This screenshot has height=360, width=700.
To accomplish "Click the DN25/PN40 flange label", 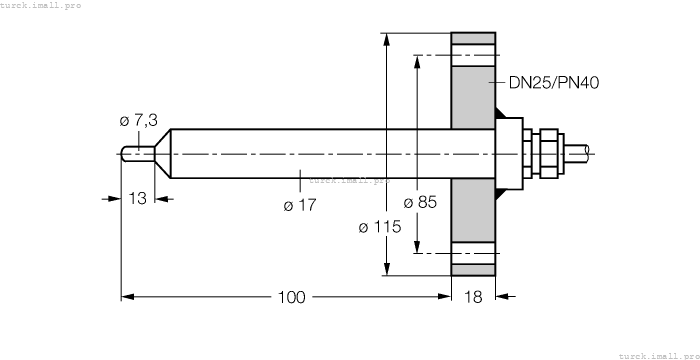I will click(554, 83).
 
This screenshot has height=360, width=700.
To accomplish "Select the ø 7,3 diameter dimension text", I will click(138, 121).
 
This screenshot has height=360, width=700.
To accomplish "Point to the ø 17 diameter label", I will click(300, 206).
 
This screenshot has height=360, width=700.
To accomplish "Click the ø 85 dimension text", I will click(420, 202).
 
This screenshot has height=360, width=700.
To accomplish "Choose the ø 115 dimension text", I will click(379, 227).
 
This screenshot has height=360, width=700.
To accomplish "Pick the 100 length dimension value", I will click(292, 297).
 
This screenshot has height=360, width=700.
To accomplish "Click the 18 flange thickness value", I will click(474, 297).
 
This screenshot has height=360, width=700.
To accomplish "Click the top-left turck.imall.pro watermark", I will click(41, 5).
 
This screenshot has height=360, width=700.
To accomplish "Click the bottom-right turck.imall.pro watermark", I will click(658, 355).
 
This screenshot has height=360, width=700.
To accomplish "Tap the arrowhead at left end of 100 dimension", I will click(127, 296).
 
